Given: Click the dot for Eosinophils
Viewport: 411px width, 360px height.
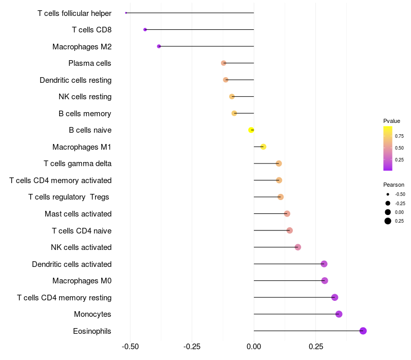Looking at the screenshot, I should pyautogui.click(x=363, y=331).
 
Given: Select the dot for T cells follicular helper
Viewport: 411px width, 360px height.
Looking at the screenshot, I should pyautogui.click(x=126, y=13).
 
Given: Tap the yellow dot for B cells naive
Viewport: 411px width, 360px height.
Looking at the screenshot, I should pyautogui.click(x=251, y=130).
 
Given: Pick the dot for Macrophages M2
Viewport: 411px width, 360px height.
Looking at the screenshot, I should pyautogui.click(x=159, y=46).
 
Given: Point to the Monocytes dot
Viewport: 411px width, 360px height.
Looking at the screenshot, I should pyautogui.click(x=339, y=314).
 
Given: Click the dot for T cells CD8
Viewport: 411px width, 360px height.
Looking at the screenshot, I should pyautogui.click(x=145, y=29).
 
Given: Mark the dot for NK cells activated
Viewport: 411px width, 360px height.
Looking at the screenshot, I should pyautogui.click(x=297, y=247).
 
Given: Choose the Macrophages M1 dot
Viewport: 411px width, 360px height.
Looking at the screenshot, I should pyautogui.click(x=263, y=147).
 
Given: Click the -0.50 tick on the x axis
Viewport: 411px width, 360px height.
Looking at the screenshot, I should pyautogui.click(x=130, y=347).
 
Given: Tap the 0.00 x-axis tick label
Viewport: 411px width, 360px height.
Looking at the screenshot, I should pyautogui.click(x=254, y=347).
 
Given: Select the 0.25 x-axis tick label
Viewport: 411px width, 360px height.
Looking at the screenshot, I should pyautogui.click(x=315, y=347).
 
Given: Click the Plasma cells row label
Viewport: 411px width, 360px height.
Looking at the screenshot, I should pyautogui.click(x=90, y=63).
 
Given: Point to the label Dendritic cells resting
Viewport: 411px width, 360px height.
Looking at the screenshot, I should pyautogui.click(x=76, y=80).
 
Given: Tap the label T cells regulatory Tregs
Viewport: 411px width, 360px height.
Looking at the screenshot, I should pyautogui.click(x=69, y=197).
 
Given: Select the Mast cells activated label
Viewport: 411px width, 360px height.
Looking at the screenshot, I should pyautogui.click(x=78, y=214).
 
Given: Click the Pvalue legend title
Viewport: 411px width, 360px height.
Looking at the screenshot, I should pyautogui.click(x=391, y=121).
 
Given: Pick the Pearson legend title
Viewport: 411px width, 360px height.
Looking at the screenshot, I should pyautogui.click(x=394, y=185).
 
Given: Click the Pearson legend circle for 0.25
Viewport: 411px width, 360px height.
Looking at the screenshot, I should pyautogui.click(x=388, y=221).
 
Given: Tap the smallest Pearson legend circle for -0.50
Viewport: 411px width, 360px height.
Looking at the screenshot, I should pyautogui.click(x=388, y=194).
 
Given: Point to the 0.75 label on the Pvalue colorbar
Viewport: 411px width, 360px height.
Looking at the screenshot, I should pyautogui.click(x=399, y=136).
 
